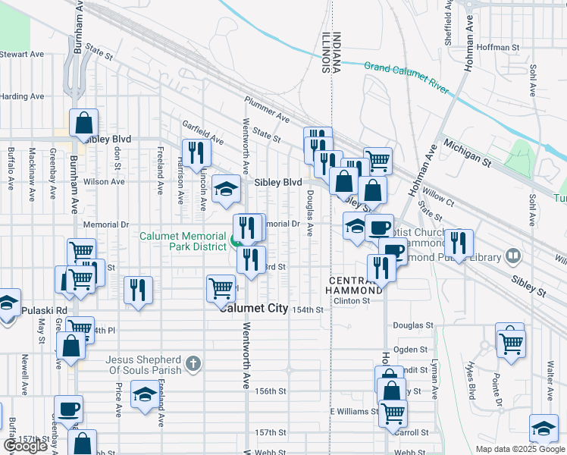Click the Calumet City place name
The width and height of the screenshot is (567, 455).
[255, 308]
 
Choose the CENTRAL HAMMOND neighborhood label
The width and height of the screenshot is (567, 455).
[355, 286]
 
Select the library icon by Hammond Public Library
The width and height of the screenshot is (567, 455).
[515, 256]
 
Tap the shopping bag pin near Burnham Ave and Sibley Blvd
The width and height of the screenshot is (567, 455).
[84, 123]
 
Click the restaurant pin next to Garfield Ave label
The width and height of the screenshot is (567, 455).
[196, 152]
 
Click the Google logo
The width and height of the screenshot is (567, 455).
[25, 446]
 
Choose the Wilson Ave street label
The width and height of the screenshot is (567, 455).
[104, 182]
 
